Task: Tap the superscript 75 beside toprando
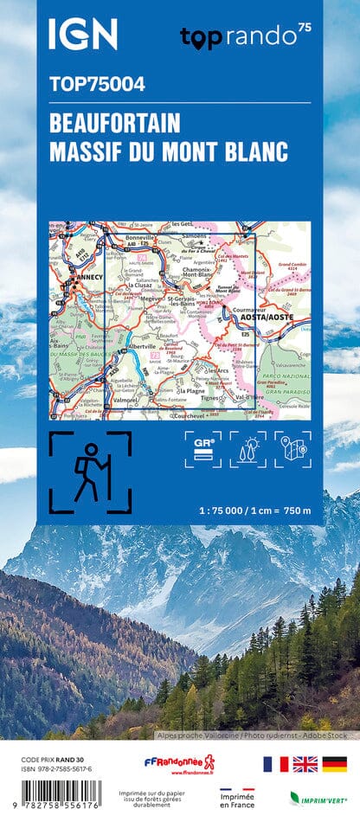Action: point(304,29)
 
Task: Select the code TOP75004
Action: point(97,85)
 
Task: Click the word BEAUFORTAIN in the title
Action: point(114,122)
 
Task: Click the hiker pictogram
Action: point(90,471)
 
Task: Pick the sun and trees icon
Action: point(248,450)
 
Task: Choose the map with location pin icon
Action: point(293,450)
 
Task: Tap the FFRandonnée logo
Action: point(179,765)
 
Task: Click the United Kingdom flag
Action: point(305,764)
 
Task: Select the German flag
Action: point(334,764)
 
